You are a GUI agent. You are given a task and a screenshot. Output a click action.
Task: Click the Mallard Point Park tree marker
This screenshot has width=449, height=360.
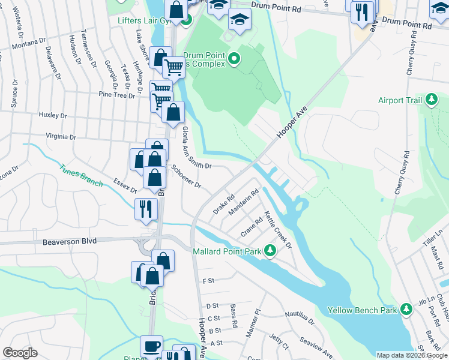pyautogui.click(x=270, y=251)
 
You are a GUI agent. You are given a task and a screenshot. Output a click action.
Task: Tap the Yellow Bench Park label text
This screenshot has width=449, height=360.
pyautogui.click(x=362, y=310)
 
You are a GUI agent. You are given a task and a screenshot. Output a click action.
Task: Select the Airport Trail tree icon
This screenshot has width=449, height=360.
pyautogui.click(x=431, y=100)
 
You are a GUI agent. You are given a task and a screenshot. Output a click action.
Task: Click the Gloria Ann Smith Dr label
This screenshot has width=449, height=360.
pyautogui.click(x=196, y=147)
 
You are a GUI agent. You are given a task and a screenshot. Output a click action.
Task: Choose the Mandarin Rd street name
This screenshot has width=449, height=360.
pyautogui.click(x=243, y=202)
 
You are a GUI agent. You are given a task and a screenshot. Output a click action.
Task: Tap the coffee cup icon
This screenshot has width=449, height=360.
pyautogui.click(x=151, y=347)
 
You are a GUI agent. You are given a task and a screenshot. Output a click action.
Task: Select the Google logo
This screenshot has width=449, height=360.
pyautogui.click(x=20, y=353)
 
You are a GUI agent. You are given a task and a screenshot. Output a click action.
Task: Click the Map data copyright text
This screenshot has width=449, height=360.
pyautogui.click(x=412, y=355)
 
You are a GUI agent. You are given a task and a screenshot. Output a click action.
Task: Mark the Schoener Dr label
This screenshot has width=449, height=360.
pyautogui.click(x=186, y=176)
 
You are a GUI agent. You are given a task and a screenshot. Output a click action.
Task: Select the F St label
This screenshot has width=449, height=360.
pyautogui.click(x=209, y=280)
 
